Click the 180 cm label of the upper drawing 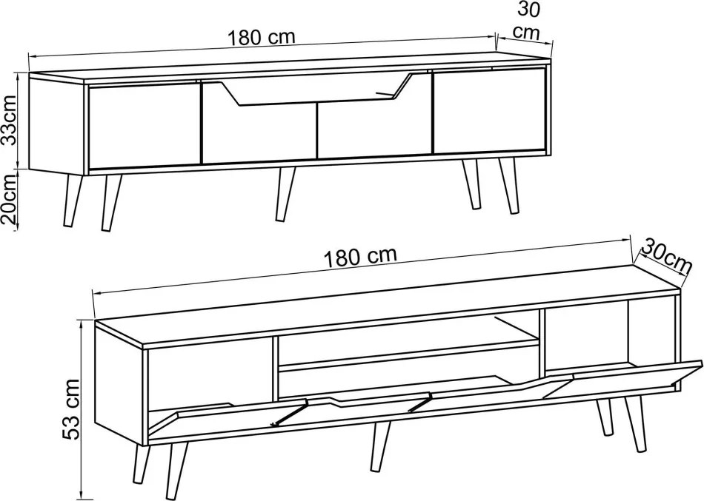point(262,37)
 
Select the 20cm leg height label point(10,200)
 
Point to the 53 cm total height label point(71,408)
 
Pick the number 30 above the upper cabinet point(529,10)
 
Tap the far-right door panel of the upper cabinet point(489,110)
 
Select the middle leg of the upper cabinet point(285,194)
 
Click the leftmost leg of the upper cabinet point(73,200)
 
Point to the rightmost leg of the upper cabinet point(508,185)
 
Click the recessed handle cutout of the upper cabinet point(316,90)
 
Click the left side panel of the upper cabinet point(56,124)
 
